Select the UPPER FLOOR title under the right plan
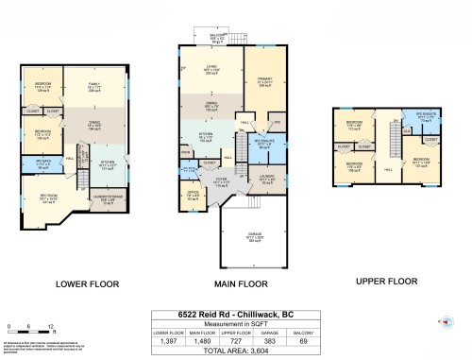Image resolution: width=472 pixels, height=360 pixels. click(x=386, y=281)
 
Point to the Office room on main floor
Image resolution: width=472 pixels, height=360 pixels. click(x=194, y=197)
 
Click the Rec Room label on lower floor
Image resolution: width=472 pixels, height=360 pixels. click(x=47, y=199)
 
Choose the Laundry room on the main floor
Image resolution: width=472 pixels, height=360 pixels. click(x=268, y=178)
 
